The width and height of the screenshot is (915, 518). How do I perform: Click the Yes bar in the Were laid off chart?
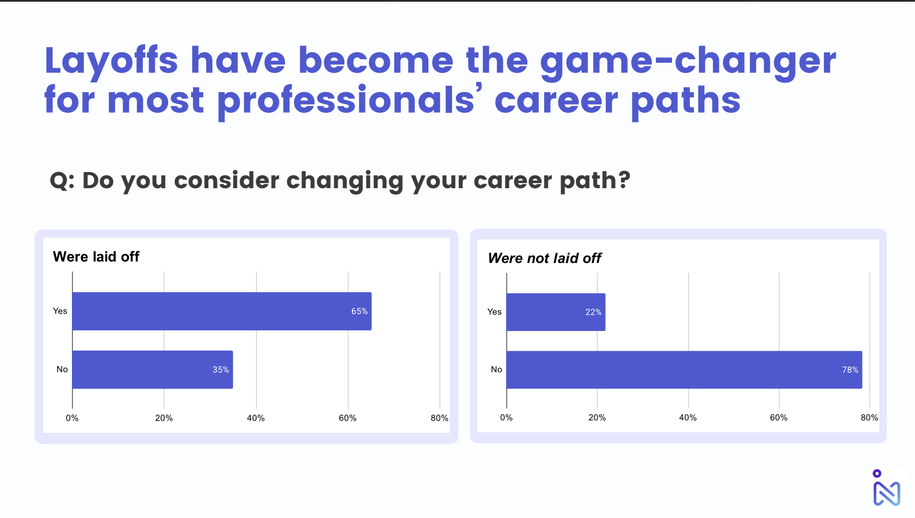pyautogui.click(x=222, y=311)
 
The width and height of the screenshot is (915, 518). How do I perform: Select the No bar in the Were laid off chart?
pyautogui.click(x=153, y=370)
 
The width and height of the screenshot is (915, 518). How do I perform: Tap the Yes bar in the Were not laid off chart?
pyautogui.click(x=556, y=312)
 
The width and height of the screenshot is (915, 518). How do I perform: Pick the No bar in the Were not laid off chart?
pyautogui.click(x=684, y=370)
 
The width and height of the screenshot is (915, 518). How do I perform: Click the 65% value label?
pyautogui.click(x=359, y=311)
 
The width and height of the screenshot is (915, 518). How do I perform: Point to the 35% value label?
pyautogui.click(x=221, y=370)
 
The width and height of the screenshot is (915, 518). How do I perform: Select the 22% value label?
pyautogui.click(x=593, y=313)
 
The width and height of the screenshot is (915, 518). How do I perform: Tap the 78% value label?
pyautogui.click(x=850, y=370)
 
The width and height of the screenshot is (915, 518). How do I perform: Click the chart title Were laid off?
pyautogui.click(x=96, y=257)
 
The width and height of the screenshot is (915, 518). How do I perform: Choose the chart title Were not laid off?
pyautogui.click(x=545, y=258)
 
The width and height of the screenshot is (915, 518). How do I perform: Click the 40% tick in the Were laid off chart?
pyautogui.click(x=256, y=418)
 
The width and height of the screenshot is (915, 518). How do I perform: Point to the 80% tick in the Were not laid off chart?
pyautogui.click(x=870, y=418)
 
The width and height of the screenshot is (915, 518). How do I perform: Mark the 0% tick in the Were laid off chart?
pyautogui.click(x=73, y=418)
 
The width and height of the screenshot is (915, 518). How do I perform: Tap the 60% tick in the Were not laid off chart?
pyautogui.click(x=779, y=418)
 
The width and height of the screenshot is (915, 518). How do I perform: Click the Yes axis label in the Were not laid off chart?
pyautogui.click(x=494, y=312)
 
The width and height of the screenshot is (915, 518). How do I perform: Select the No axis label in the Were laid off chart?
pyautogui.click(x=62, y=370)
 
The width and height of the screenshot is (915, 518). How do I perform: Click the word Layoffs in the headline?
pyautogui.click(x=111, y=61)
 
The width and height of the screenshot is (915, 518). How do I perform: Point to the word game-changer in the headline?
pyautogui.click(x=688, y=61)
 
